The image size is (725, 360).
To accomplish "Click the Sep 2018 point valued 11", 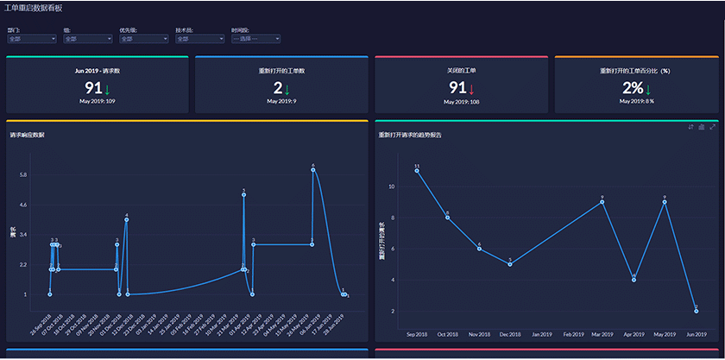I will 417,170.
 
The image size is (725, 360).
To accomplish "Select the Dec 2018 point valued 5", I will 510,264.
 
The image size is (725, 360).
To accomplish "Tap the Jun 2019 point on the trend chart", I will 696,311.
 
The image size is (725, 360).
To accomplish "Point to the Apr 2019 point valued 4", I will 634,280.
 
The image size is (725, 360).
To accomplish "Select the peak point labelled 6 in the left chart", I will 312,169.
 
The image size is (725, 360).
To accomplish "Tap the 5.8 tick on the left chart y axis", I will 23,175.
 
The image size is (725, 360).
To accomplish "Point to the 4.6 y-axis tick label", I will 23,205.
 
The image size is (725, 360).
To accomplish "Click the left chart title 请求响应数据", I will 28,136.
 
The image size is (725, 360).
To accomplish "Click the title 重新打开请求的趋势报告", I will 410,136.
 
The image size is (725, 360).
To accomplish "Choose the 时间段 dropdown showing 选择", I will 255,39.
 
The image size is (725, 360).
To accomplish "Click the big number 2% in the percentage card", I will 633,88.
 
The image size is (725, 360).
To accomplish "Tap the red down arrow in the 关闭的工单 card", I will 472,89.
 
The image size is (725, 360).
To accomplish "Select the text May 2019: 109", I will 98,102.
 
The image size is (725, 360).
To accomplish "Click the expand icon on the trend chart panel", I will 713,127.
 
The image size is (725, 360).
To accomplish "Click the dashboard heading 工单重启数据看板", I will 33,7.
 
